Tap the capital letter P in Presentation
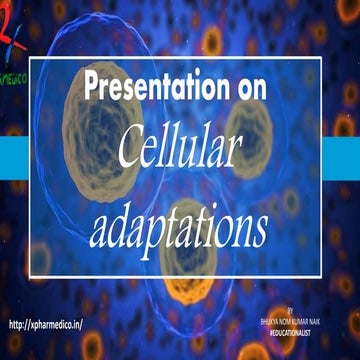[x=92, y=88]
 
